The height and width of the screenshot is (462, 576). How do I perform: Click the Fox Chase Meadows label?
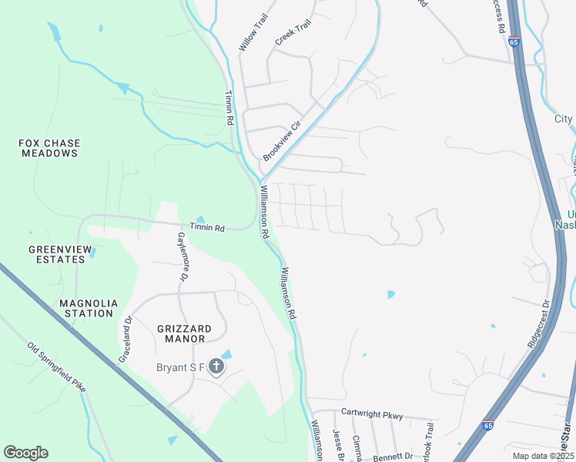coord(49,148)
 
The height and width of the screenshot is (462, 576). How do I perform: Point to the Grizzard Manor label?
coord(181,333)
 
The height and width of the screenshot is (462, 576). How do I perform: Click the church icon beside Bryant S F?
coord(216,367)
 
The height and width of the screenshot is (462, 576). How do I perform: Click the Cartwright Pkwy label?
coord(372,416)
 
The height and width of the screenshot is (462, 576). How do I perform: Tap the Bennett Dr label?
coord(393,457)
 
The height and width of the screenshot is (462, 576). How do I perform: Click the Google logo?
coord(25,453)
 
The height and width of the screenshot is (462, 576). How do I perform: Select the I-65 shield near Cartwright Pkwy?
coord(488,424)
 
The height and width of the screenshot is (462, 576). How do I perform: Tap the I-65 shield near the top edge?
coord(514,42)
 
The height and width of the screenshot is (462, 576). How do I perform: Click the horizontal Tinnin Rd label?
coord(208,228)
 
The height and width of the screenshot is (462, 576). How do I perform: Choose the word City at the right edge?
coord(564,119)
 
